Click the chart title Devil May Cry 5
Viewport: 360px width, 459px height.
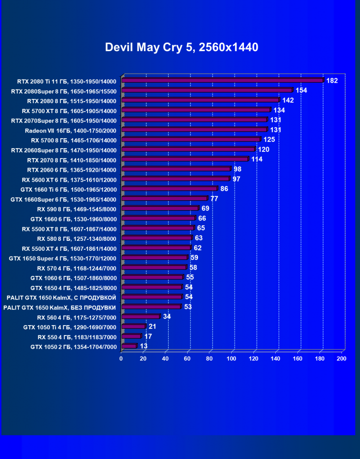[x=181, y=47]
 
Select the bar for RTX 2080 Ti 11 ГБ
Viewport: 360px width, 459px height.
[x=222, y=80]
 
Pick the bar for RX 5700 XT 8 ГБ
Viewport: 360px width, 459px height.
[x=196, y=110]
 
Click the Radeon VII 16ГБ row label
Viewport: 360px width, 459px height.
[x=70, y=130]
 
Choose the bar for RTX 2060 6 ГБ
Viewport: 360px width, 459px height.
[x=176, y=169]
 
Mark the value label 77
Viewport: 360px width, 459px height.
[x=214, y=199]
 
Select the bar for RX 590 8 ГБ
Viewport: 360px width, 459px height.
[x=160, y=208]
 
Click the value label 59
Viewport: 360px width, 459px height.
[x=194, y=258]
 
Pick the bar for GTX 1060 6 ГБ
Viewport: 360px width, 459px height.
[x=152, y=277]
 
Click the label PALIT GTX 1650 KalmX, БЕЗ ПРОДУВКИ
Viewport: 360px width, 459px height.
[x=60, y=307]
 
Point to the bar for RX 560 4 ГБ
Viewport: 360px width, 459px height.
[x=140, y=317]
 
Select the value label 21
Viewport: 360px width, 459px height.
[x=153, y=327]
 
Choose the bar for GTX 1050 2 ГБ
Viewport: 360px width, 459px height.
[x=129, y=346]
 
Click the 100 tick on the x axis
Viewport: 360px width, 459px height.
[x=232, y=359]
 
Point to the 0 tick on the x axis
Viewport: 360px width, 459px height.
[x=121, y=359]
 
